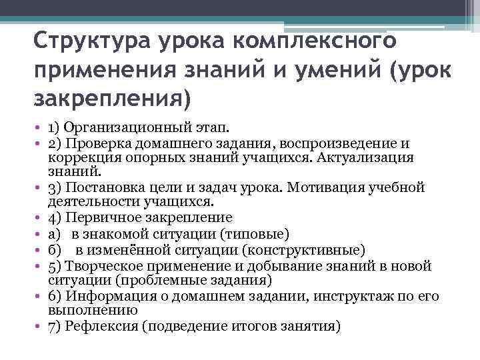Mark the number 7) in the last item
(55, 327)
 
